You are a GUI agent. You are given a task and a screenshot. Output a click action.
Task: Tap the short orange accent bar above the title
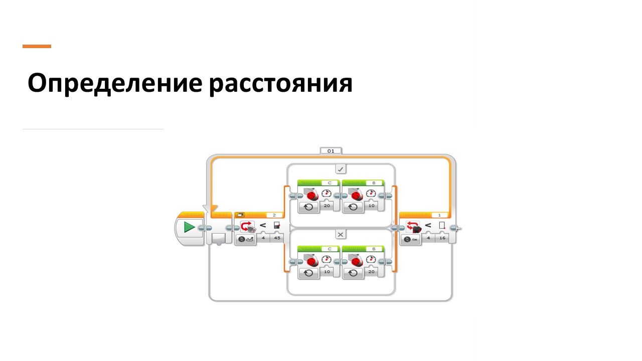click(x=37, y=46)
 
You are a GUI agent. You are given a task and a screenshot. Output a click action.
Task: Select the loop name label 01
click(x=331, y=150)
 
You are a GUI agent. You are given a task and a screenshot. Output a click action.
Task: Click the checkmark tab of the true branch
click(x=341, y=169)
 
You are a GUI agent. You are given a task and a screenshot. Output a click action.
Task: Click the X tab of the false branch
click(x=341, y=235)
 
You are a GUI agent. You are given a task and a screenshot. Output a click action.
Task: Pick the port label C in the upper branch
click(x=329, y=183)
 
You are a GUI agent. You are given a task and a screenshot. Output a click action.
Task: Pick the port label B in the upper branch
click(x=374, y=183)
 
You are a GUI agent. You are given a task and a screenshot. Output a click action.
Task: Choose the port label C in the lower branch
click(x=329, y=248)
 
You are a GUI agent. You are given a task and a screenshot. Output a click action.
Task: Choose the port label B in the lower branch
click(x=374, y=248)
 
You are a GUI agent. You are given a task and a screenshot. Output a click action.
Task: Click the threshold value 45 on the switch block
click(x=276, y=239)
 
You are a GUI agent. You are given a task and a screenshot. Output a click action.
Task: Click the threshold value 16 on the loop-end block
click(x=442, y=239)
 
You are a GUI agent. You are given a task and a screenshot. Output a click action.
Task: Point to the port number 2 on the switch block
click(x=274, y=215)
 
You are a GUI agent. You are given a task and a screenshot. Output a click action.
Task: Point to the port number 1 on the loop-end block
click(x=440, y=215)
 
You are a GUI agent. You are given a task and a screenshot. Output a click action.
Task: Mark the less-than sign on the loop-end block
click(x=428, y=225)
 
